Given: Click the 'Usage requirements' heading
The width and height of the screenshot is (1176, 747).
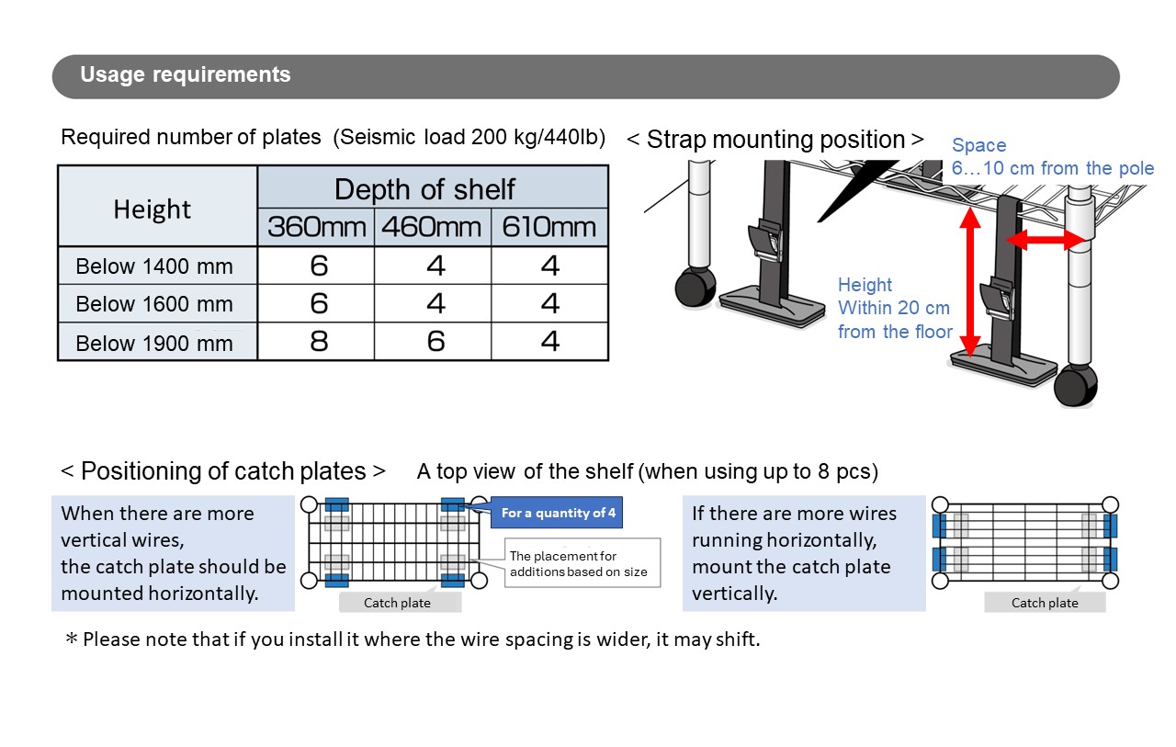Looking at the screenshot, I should click(186, 75).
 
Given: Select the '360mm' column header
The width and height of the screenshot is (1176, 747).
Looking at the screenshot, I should click(317, 227).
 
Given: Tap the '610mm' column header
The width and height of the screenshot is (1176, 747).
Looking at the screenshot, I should click(549, 227).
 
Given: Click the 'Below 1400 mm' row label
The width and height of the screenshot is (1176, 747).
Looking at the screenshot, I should click(154, 266).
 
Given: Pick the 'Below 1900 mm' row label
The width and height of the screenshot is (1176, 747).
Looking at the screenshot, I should click(154, 343).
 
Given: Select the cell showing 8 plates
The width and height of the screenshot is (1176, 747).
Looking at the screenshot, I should click(318, 342).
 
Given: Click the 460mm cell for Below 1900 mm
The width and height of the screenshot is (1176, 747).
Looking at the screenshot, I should click(435, 342).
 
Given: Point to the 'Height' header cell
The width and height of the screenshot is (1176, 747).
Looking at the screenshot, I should click(152, 209).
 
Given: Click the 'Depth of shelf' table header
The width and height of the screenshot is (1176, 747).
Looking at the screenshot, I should click(424, 189).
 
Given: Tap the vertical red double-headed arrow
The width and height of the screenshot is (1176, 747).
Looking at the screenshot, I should click(967, 280).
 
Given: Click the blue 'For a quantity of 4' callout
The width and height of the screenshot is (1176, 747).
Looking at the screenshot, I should click(559, 513).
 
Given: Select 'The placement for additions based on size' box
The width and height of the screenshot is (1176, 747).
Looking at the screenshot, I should click(579, 563).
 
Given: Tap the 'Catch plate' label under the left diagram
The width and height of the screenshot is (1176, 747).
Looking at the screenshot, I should click(398, 603).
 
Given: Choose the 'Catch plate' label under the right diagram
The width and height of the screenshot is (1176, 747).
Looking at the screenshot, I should click(1045, 603).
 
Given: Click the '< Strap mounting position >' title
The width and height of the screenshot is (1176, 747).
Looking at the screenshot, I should click(775, 140).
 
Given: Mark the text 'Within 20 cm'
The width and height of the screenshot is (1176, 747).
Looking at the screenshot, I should click(893, 308).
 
